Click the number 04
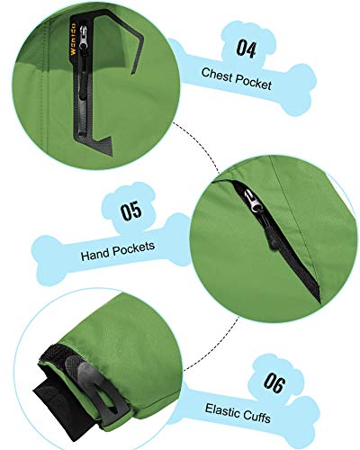[x=246, y=49]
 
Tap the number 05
[x=131, y=211]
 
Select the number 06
[x=274, y=383]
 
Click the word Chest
[x=217, y=75]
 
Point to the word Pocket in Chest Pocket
[x=254, y=83]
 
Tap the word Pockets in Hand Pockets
[x=134, y=248]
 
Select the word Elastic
[x=222, y=410]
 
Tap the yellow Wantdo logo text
[x=73, y=40]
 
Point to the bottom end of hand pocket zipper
[x=319, y=299]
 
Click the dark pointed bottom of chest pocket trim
[x=110, y=152]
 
